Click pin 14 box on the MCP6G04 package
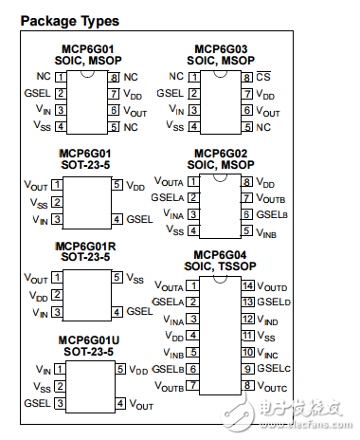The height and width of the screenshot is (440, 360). (x=247, y=285)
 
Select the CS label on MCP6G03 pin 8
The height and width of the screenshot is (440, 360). (x=263, y=77)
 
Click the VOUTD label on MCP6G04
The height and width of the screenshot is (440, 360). (x=274, y=285)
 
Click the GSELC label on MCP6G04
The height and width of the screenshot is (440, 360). (x=273, y=368)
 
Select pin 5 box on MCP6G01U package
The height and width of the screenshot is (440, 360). (x=117, y=370)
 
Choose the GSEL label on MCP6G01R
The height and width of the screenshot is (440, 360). (x=140, y=311)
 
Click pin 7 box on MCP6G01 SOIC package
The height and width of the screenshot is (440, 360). (x=114, y=93)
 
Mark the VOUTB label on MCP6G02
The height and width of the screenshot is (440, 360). (x=273, y=199)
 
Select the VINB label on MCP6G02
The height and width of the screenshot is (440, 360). (x=268, y=231)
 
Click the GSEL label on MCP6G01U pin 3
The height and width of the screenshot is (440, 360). (x=38, y=404)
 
